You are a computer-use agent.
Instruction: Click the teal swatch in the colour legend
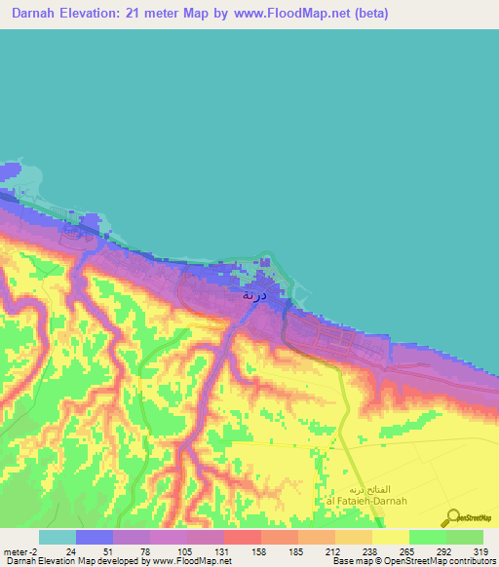pyautogui.click(x=57, y=537)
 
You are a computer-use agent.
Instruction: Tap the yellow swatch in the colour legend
pyautogui.click(x=390, y=537)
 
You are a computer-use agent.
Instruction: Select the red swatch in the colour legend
pyautogui.click(x=242, y=537)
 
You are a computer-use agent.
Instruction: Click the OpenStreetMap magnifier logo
pyautogui.click(x=451, y=516)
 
